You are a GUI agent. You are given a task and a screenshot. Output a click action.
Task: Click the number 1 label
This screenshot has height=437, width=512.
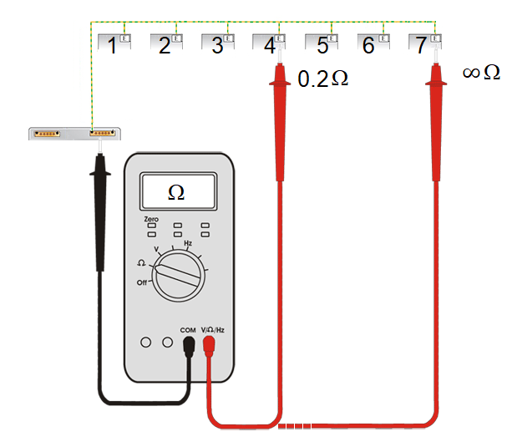coord(112,45)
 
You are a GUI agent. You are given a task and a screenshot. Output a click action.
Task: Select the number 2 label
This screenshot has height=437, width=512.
coord(165,45)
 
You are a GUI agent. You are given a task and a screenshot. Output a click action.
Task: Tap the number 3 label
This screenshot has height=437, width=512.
coord(217,45)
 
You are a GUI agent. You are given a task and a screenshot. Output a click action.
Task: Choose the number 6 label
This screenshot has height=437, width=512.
coord(370,45)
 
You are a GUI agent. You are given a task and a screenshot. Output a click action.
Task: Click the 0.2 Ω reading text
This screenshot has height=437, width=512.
coord(322,79)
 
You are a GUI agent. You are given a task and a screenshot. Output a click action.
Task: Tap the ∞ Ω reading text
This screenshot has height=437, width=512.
coord(481,74)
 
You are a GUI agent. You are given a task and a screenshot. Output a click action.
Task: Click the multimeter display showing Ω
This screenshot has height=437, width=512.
coord(176,191)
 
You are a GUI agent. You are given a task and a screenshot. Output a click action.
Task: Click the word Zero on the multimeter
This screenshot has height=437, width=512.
coord(151,218)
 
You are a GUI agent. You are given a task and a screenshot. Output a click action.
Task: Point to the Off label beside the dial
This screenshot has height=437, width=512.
coord(143,282)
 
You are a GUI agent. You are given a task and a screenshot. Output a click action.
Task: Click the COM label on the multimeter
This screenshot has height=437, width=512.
coord(187,330)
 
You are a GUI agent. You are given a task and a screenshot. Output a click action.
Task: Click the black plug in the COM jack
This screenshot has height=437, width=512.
coord(190,346)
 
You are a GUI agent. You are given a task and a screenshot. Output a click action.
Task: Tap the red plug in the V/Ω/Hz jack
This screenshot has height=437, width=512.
coord(209,346)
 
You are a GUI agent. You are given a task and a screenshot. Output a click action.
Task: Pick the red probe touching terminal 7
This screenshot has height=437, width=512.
coord(435,125)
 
